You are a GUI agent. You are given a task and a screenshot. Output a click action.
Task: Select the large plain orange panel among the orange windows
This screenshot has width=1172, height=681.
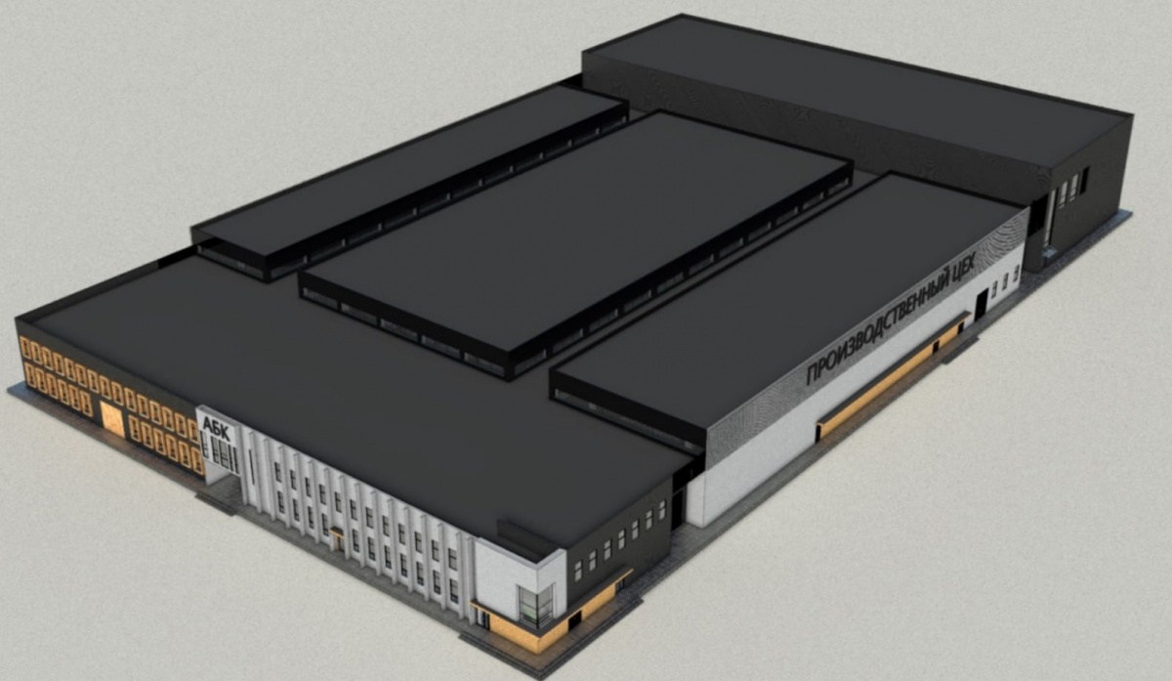click(x=112, y=418)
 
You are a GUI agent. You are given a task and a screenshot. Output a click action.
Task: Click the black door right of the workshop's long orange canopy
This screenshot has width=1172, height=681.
click(x=981, y=305)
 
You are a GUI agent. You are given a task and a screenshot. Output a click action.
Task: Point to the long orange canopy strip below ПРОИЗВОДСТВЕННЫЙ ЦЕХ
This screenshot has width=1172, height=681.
click(x=892, y=375)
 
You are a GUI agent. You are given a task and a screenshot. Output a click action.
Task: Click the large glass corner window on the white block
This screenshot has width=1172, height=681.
click(x=536, y=606)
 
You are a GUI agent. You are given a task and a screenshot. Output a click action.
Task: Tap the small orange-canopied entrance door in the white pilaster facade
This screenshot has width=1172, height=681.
click(x=337, y=540)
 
